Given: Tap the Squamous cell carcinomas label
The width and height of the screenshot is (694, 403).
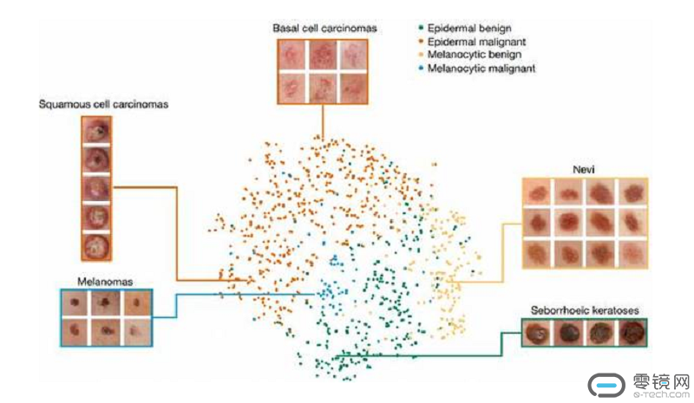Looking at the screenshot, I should [103, 105].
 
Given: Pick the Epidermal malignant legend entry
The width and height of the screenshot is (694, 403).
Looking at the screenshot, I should [474, 41].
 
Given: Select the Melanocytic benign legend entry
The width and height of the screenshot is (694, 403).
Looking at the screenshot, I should [473, 54].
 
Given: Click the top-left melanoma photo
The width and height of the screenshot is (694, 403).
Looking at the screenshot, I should [76, 303].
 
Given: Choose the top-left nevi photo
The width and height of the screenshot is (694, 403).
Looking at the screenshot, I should [539, 192].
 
